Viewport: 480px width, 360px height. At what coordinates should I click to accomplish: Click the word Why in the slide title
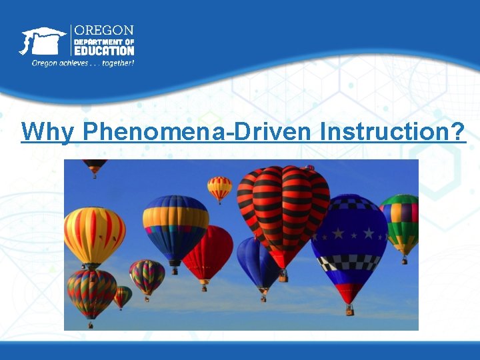(x=48, y=132)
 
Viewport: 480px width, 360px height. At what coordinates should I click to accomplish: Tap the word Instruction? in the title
(x=393, y=132)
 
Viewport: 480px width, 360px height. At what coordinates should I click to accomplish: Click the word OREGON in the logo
(x=103, y=31)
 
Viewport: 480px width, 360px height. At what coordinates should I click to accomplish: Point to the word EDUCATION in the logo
(x=103, y=51)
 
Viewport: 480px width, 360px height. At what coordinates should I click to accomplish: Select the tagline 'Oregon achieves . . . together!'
(x=83, y=63)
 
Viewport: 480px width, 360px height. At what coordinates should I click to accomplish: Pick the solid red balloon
(x=208, y=252)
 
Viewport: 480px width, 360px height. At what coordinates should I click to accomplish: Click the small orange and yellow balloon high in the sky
(x=219, y=187)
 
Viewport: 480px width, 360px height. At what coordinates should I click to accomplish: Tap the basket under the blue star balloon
(x=349, y=311)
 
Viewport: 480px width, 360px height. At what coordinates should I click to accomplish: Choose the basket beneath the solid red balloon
(x=204, y=287)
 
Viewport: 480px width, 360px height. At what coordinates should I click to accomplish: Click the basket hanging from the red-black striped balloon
(x=283, y=275)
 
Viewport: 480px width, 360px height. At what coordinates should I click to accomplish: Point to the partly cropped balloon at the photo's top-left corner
(x=95, y=166)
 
